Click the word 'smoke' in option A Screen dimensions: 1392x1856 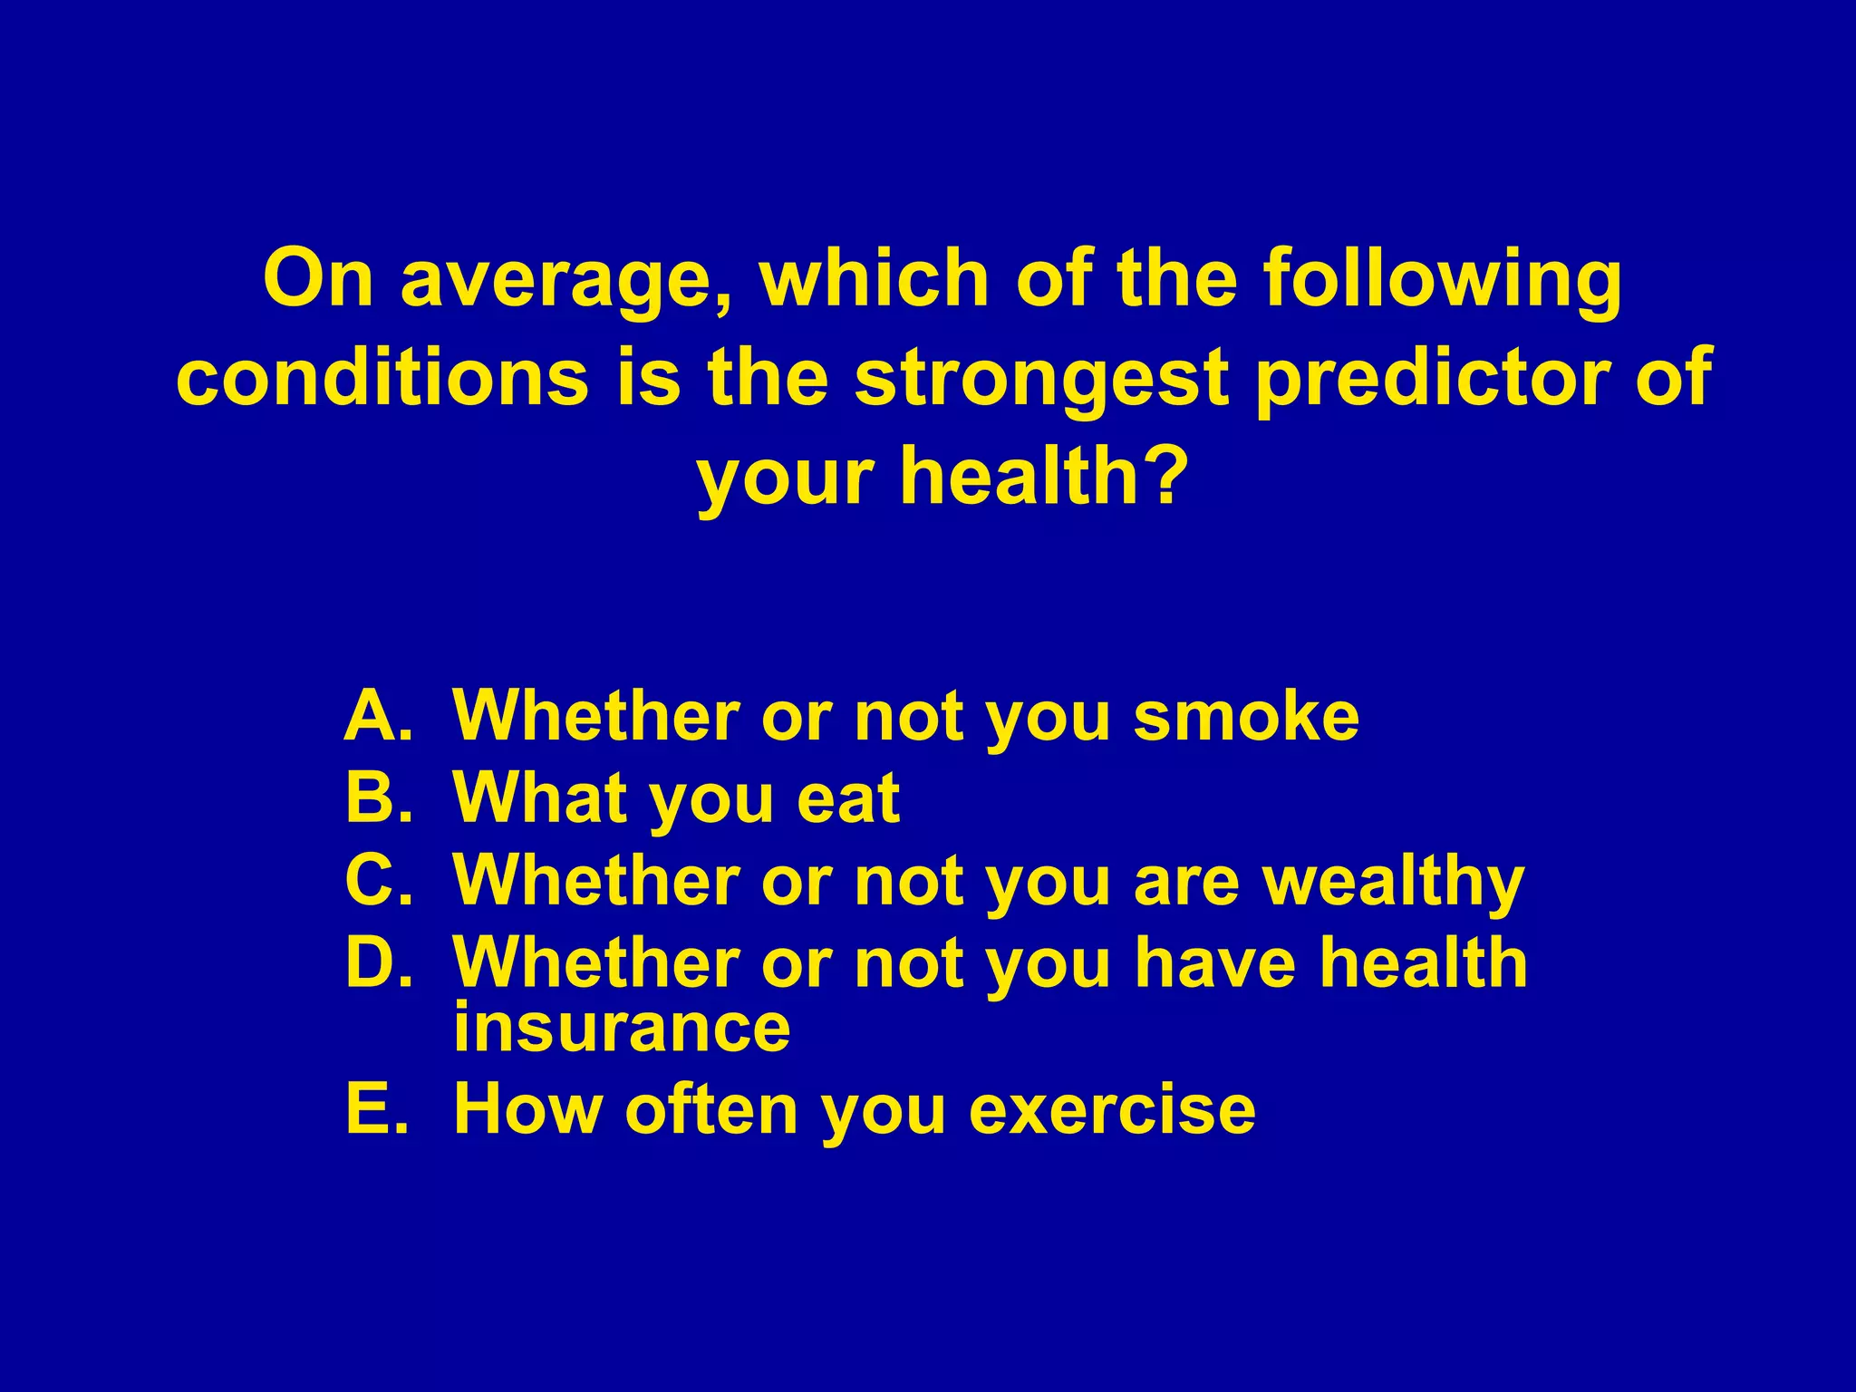click(1246, 716)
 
